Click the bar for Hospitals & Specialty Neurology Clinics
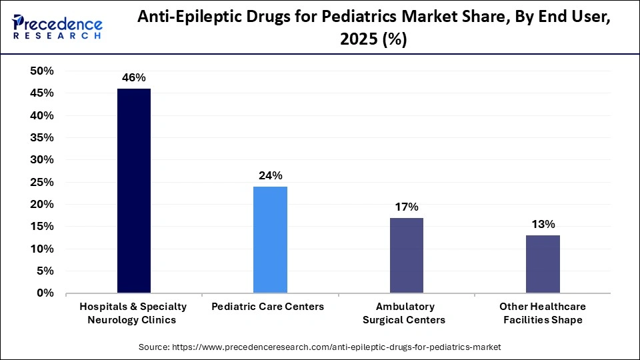(133, 191)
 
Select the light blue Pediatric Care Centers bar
(270, 239)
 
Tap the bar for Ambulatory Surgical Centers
(406, 255)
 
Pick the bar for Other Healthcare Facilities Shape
(542, 264)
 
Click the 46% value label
(133, 78)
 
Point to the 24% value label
(270, 176)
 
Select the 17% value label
(406, 207)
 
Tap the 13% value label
(542, 225)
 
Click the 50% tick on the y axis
(42, 71)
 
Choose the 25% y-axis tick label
(42, 182)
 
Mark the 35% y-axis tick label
(42, 138)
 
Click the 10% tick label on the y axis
(42, 249)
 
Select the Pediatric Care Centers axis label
(267, 307)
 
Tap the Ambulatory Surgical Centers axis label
(404, 313)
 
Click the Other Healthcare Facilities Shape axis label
(542, 313)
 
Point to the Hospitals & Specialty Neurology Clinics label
(133, 313)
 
